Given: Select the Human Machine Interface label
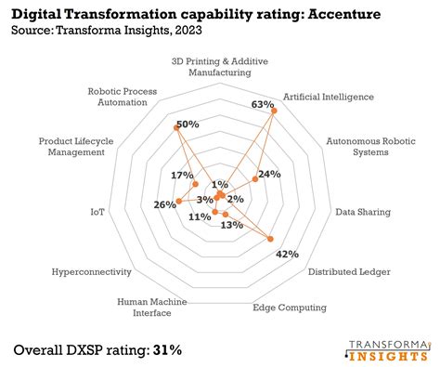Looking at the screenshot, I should click(x=151, y=308).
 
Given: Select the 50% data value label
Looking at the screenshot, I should click(x=188, y=125).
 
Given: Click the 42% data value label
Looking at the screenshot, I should click(x=288, y=254).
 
